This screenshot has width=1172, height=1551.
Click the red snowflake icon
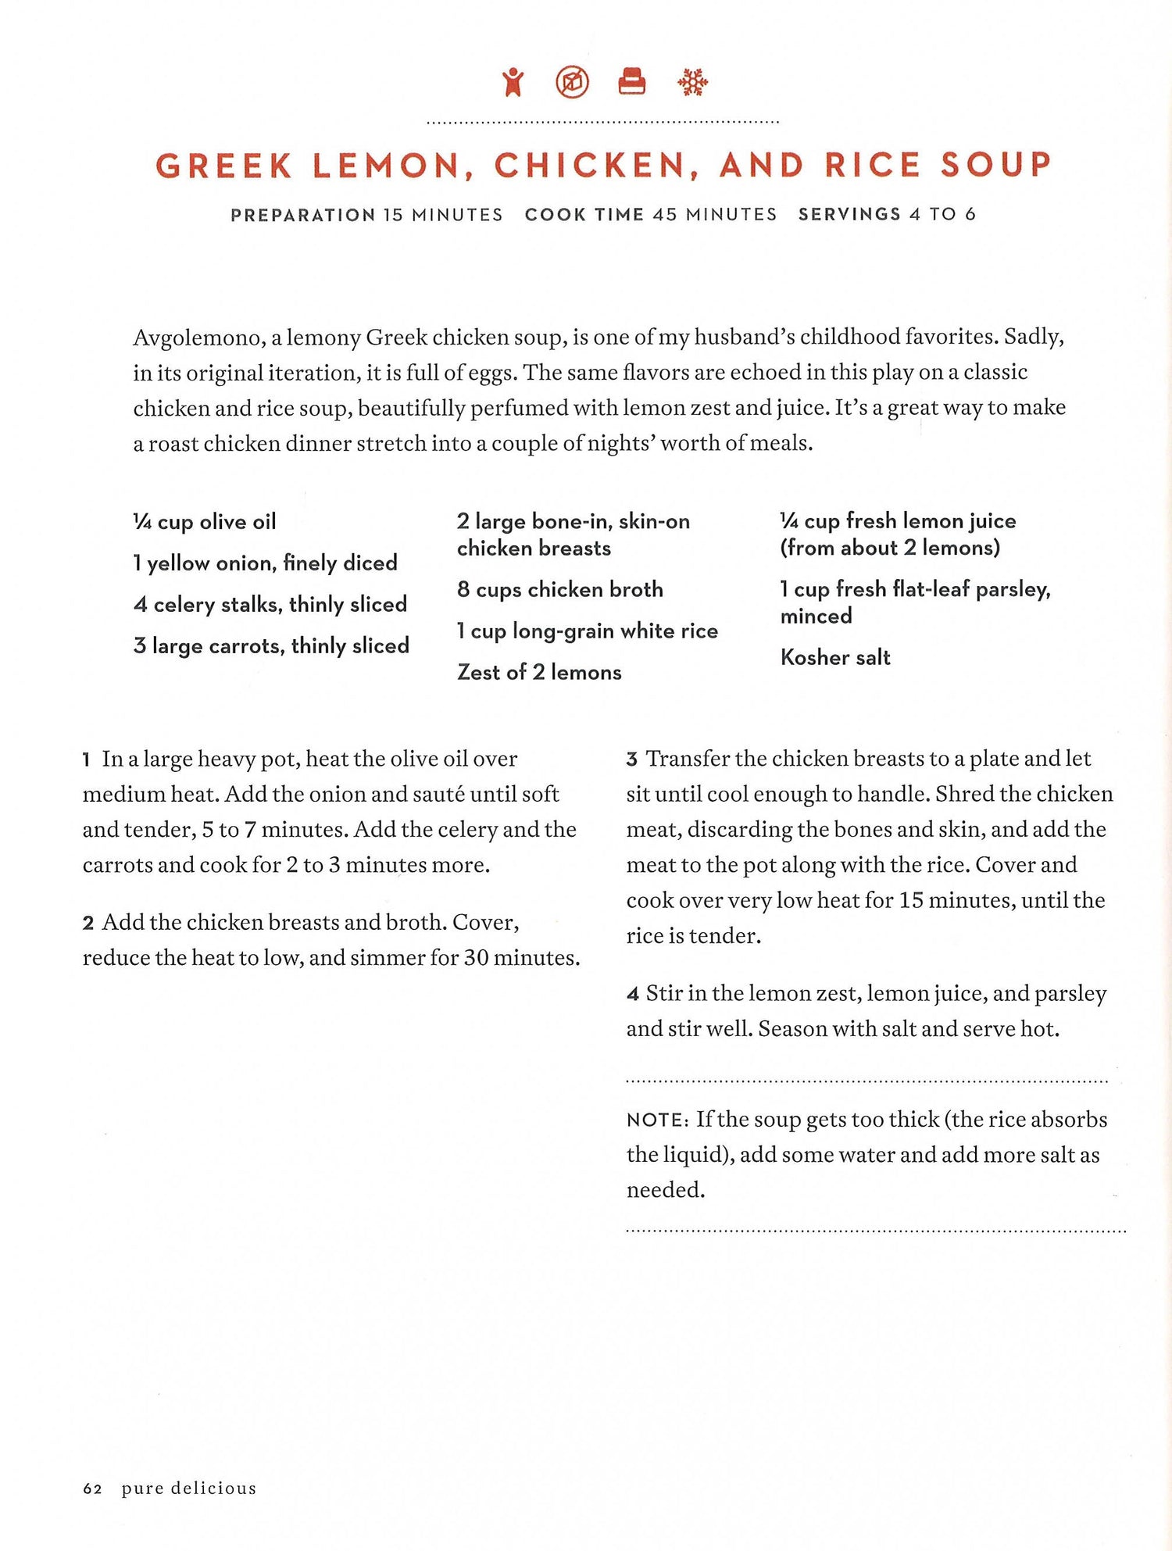pos(692,82)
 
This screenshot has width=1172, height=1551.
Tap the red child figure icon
pos(513,82)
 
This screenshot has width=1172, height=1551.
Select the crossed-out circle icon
pos(572,82)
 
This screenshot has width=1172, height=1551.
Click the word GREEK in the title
pos(224,166)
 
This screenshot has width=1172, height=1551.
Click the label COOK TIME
pos(584,215)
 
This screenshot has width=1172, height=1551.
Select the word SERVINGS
pos(849,214)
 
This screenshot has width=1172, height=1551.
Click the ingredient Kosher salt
pos(835,657)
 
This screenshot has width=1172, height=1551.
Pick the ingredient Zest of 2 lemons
pos(539,672)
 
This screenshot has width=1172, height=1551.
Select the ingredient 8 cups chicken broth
pos(559,589)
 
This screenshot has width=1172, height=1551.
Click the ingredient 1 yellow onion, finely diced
pos(265,563)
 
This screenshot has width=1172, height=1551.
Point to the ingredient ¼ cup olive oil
pos(205,522)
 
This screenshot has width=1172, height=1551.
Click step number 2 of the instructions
pos(88,924)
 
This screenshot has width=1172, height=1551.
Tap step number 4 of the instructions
pos(632,995)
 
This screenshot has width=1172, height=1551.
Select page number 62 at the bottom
pos(92,1488)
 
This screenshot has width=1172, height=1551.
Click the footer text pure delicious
pos(188,1488)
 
